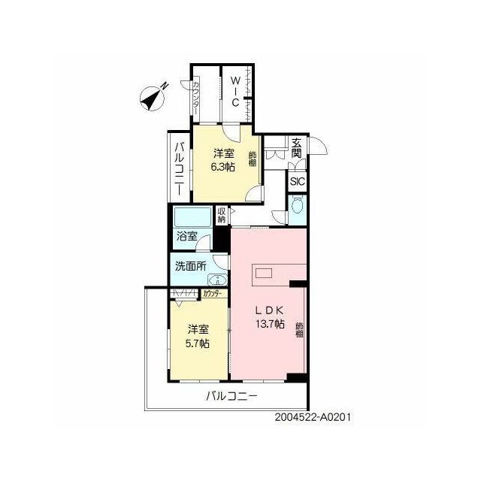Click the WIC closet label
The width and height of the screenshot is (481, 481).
point(235,92)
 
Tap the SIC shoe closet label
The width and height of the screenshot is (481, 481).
point(298,181)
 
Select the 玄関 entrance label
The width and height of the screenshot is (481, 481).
point(297,148)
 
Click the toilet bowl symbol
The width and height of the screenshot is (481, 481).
point(298,204)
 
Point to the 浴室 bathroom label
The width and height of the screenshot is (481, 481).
point(187,236)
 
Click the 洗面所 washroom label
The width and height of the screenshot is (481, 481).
point(191,266)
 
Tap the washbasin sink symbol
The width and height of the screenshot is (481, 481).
point(217,279)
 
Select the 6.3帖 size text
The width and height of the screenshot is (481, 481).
point(222,167)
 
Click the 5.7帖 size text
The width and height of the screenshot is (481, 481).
point(198,343)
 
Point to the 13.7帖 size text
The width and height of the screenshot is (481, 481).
point(271,323)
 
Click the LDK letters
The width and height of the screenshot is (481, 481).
point(270,310)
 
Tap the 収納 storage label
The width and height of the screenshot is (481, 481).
point(222,215)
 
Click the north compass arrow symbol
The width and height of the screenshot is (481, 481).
point(153,98)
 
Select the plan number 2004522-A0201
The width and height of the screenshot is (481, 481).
point(313,417)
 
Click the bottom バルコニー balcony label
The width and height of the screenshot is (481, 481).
point(231,396)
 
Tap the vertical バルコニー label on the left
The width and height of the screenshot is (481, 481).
point(180,168)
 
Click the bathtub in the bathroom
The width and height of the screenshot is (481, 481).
point(192,217)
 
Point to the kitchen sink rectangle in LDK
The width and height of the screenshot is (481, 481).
point(264,273)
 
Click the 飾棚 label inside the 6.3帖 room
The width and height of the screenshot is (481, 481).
point(253,159)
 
